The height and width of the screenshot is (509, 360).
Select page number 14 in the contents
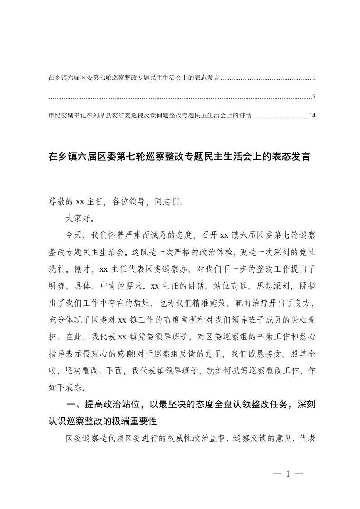(x=312, y=116)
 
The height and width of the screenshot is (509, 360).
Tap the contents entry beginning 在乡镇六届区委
(x=134, y=78)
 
